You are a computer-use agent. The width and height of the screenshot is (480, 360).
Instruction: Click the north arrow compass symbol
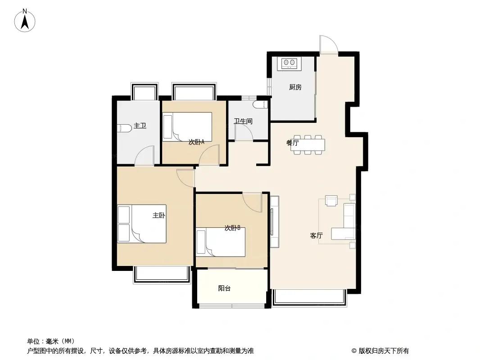25,21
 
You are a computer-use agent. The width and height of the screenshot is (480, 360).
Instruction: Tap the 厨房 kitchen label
295,87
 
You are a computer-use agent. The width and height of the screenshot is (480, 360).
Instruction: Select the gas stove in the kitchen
289,63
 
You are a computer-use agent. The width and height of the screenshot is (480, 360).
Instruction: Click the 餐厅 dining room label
292,143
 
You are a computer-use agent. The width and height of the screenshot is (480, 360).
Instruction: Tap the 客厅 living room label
316,235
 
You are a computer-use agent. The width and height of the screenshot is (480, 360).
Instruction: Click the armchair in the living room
331,201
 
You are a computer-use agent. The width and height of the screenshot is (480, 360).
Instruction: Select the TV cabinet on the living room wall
274,222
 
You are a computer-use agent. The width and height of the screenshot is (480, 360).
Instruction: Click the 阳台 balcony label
224,288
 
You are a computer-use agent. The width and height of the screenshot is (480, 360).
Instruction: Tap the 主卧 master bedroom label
159,216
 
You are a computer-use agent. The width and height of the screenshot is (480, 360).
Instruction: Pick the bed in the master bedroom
142,224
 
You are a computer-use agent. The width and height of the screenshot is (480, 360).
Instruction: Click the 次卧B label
232,228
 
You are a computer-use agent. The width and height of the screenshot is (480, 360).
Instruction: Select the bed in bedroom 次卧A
187,126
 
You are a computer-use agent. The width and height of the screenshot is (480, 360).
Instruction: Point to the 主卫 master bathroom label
140,126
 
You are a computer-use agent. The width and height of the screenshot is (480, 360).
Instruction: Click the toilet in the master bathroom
124,128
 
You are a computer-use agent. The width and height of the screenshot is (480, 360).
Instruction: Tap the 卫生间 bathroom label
243,121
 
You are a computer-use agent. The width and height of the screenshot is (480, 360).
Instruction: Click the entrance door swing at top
329,45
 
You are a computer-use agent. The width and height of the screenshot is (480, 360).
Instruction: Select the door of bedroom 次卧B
253,202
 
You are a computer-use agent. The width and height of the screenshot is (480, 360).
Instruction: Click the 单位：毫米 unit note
51,341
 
